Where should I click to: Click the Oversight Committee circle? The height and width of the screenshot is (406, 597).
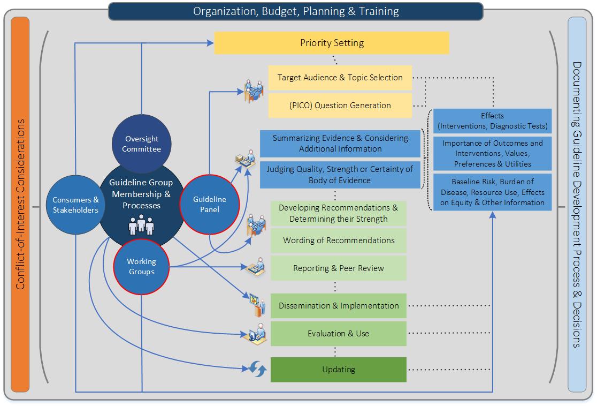(142, 144)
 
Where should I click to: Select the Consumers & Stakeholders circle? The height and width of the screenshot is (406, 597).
(75, 205)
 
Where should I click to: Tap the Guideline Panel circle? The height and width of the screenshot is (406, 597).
(209, 204)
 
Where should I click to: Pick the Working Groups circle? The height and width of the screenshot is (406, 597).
(142, 267)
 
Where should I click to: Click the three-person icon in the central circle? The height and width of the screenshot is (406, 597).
(141, 224)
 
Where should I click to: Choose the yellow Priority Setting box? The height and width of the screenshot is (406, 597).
(332, 43)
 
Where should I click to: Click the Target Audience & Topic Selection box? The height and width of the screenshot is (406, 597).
(340, 78)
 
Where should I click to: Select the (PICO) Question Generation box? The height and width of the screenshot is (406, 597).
(340, 105)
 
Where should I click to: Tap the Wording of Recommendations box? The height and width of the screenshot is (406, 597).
(339, 240)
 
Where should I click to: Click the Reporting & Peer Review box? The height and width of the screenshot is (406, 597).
(339, 268)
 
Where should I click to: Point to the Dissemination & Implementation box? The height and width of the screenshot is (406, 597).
(339, 306)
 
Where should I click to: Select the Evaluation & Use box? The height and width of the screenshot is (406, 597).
(339, 334)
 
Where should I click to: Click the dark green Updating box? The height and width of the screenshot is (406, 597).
(339, 370)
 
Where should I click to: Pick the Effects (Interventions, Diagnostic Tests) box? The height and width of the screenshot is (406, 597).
(492, 121)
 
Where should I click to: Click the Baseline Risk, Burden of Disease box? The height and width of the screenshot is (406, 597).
(492, 192)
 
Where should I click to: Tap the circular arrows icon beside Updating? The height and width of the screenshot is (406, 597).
(258, 369)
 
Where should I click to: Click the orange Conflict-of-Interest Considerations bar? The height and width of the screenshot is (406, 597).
(20, 204)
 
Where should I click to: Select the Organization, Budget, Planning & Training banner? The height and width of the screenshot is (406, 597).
(296, 11)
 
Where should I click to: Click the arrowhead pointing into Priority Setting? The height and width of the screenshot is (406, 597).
(210, 43)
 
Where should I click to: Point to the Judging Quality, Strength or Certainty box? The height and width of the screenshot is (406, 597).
(340, 175)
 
